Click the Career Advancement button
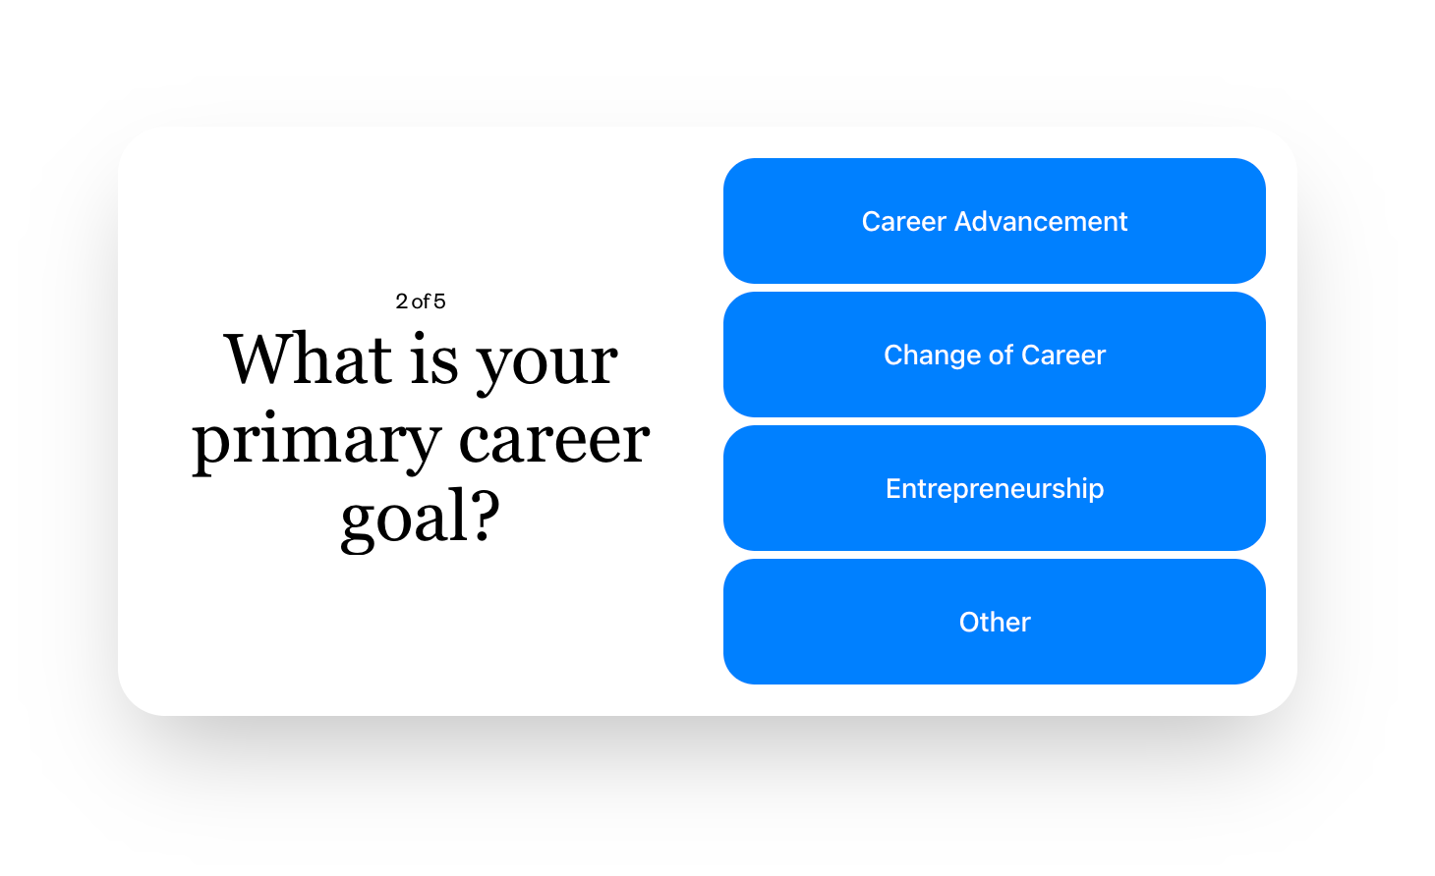point(995,221)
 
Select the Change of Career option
point(995,355)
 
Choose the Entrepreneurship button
point(995,488)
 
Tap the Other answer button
point(995,622)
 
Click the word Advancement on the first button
point(1040,221)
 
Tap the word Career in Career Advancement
point(904,221)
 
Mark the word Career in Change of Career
point(1063,356)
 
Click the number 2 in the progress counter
point(402,301)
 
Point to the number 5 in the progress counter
point(439,301)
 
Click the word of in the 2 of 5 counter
point(421,301)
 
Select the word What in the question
point(308,359)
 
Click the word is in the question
point(435,359)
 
